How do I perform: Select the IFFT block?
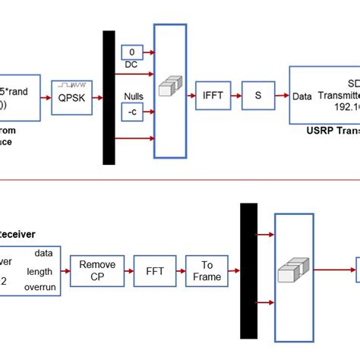[x=213, y=96]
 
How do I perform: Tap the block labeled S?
[x=257, y=96]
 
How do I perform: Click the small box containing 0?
[x=132, y=52]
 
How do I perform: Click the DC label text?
[x=130, y=65]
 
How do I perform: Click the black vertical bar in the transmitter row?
[x=109, y=97]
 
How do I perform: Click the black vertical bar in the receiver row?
[x=248, y=270]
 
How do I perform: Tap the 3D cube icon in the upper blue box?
[x=167, y=90]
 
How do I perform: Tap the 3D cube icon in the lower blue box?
[x=292, y=271]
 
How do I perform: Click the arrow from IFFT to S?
[x=236, y=96]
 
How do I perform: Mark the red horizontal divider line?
[x=180, y=180]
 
